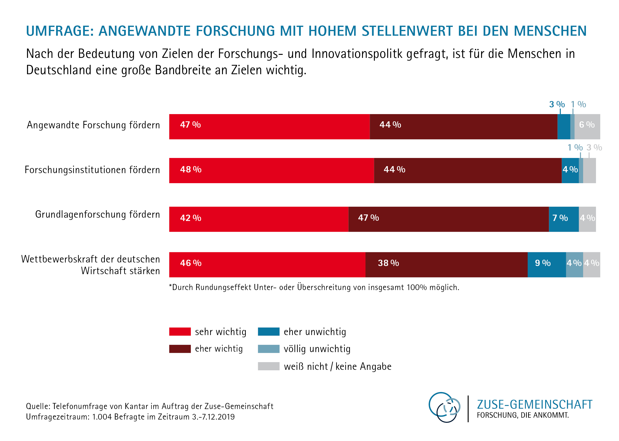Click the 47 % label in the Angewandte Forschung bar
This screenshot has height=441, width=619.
point(190,125)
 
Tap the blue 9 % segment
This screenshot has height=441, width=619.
point(546,265)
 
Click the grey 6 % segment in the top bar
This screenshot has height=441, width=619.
point(587,126)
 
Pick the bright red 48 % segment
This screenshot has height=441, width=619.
point(271,171)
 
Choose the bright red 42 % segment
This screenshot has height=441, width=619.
point(258,219)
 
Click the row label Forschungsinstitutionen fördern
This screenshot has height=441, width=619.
point(92,170)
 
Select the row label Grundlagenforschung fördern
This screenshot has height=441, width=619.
point(98,214)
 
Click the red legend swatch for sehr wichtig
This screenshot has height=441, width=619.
point(180,332)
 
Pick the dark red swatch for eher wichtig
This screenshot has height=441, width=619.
point(180,349)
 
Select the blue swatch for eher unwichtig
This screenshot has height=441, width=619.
point(268,332)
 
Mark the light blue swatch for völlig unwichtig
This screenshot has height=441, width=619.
point(268,349)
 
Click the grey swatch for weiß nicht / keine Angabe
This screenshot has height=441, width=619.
point(268,366)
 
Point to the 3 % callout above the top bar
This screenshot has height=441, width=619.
point(557,104)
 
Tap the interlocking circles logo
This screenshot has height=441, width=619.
point(444,407)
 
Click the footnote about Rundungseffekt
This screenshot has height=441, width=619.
point(314,287)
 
